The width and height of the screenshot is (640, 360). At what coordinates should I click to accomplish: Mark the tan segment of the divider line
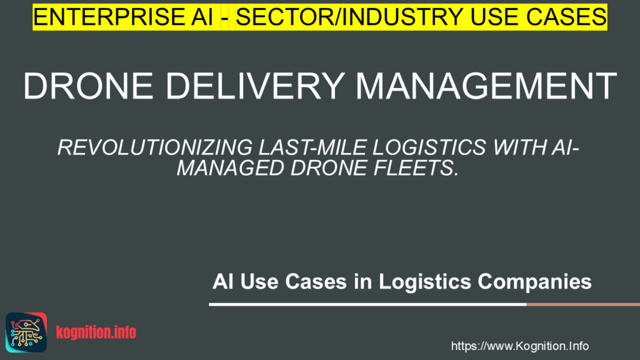(582, 304)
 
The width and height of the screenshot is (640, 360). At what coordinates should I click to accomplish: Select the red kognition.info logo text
(96, 332)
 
